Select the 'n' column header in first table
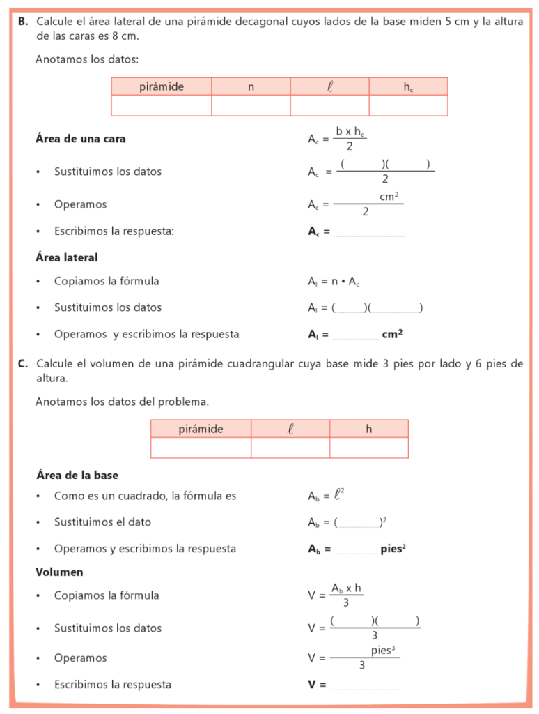click(x=251, y=86)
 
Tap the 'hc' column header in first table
click(x=408, y=86)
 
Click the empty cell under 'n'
click(x=251, y=105)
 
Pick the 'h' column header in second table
click(x=369, y=429)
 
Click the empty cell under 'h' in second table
click(x=369, y=448)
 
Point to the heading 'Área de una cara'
click(x=80, y=139)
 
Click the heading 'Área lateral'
click(x=66, y=257)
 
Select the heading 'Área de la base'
click(x=77, y=476)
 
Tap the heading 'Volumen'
click(x=59, y=572)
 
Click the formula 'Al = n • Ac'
click(x=334, y=282)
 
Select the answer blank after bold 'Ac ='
click(x=369, y=231)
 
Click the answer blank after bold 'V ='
click(x=366, y=685)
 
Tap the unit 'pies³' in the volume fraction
click(x=383, y=651)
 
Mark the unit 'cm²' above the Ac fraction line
click(x=389, y=197)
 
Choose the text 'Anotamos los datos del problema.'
click(x=122, y=402)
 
